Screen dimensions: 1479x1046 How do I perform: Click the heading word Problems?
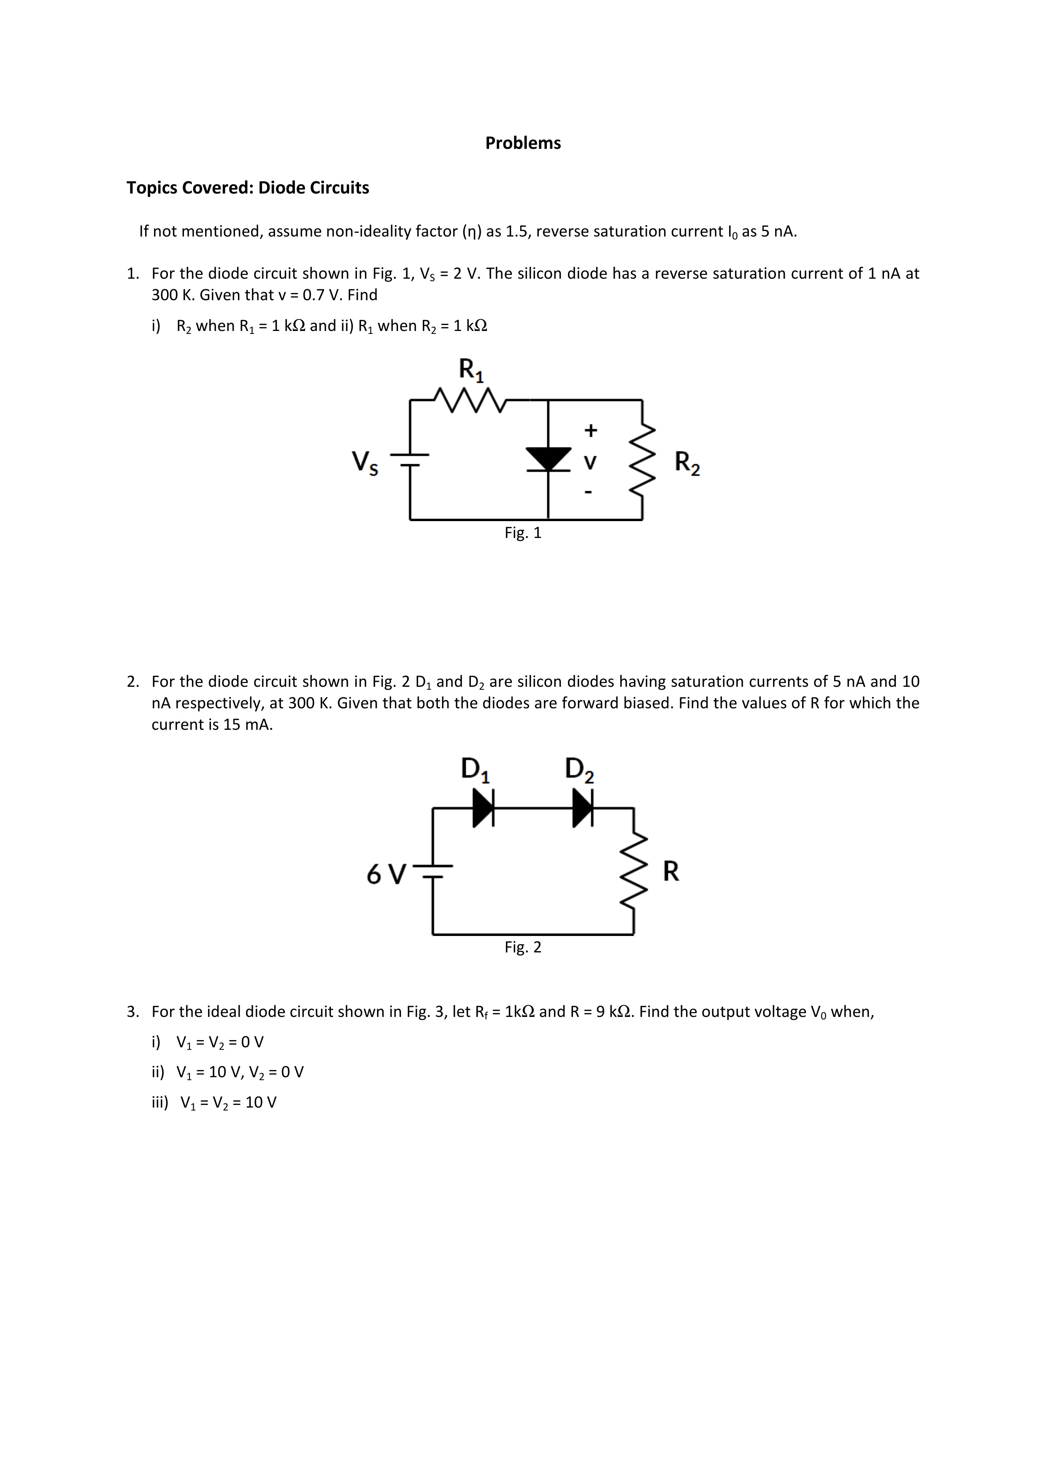tap(523, 143)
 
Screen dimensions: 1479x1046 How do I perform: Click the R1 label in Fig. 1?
tap(471, 371)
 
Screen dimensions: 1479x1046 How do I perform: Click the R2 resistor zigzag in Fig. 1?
tap(642, 460)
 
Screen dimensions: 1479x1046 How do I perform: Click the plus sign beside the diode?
tap(590, 430)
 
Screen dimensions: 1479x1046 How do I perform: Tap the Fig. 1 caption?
tap(523, 533)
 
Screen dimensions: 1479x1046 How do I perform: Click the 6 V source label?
tap(386, 874)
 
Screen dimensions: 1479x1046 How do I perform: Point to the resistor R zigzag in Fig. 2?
tap(633, 870)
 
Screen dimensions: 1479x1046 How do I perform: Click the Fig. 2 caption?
tap(523, 947)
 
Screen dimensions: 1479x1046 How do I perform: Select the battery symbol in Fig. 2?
tap(432, 871)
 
